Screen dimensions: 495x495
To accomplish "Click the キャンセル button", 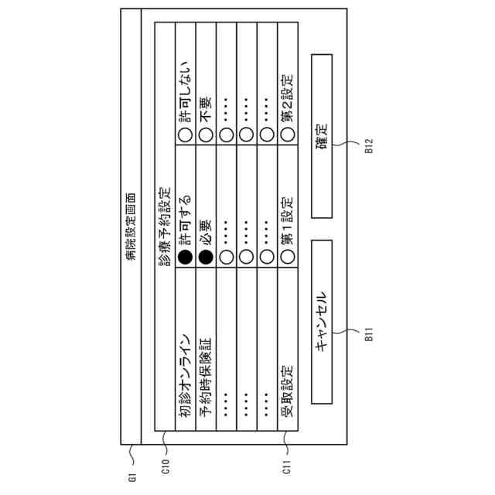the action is pos(322,322).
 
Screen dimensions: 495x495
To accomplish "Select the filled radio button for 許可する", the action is pos(185,258).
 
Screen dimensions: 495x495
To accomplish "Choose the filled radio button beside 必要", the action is pos(205,258).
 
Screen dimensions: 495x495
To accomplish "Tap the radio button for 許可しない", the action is pos(185,133).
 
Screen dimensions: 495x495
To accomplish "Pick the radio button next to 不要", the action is pos(205,133).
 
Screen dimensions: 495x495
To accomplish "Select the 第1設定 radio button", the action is pos(286,258).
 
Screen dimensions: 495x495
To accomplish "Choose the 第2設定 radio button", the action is pos(286,133).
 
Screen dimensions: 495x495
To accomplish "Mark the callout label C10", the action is pos(165,466).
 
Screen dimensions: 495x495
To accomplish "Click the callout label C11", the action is pos(286,466).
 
